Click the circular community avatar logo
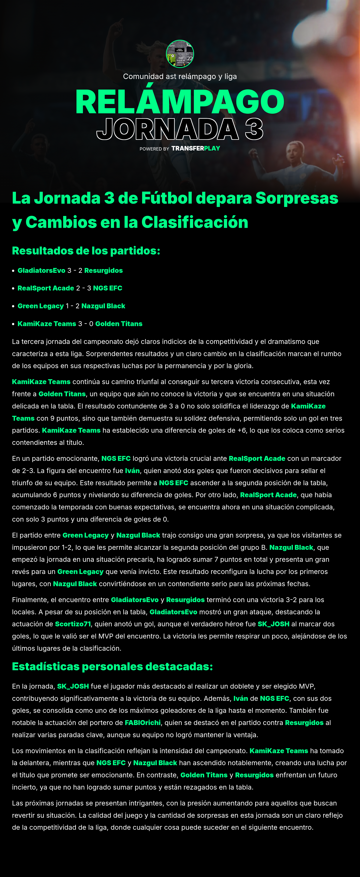(180, 54)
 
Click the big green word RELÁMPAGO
(180, 102)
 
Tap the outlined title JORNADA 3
(180, 129)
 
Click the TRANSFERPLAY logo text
(196, 148)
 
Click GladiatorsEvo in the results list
(41, 271)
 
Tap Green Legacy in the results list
(40, 306)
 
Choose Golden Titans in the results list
(119, 324)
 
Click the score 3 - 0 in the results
(85, 324)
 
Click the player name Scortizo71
(73, 624)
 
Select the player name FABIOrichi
(142, 723)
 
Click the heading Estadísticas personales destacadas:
(112, 667)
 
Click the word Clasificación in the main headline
(195, 222)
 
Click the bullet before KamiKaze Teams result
(13, 324)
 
